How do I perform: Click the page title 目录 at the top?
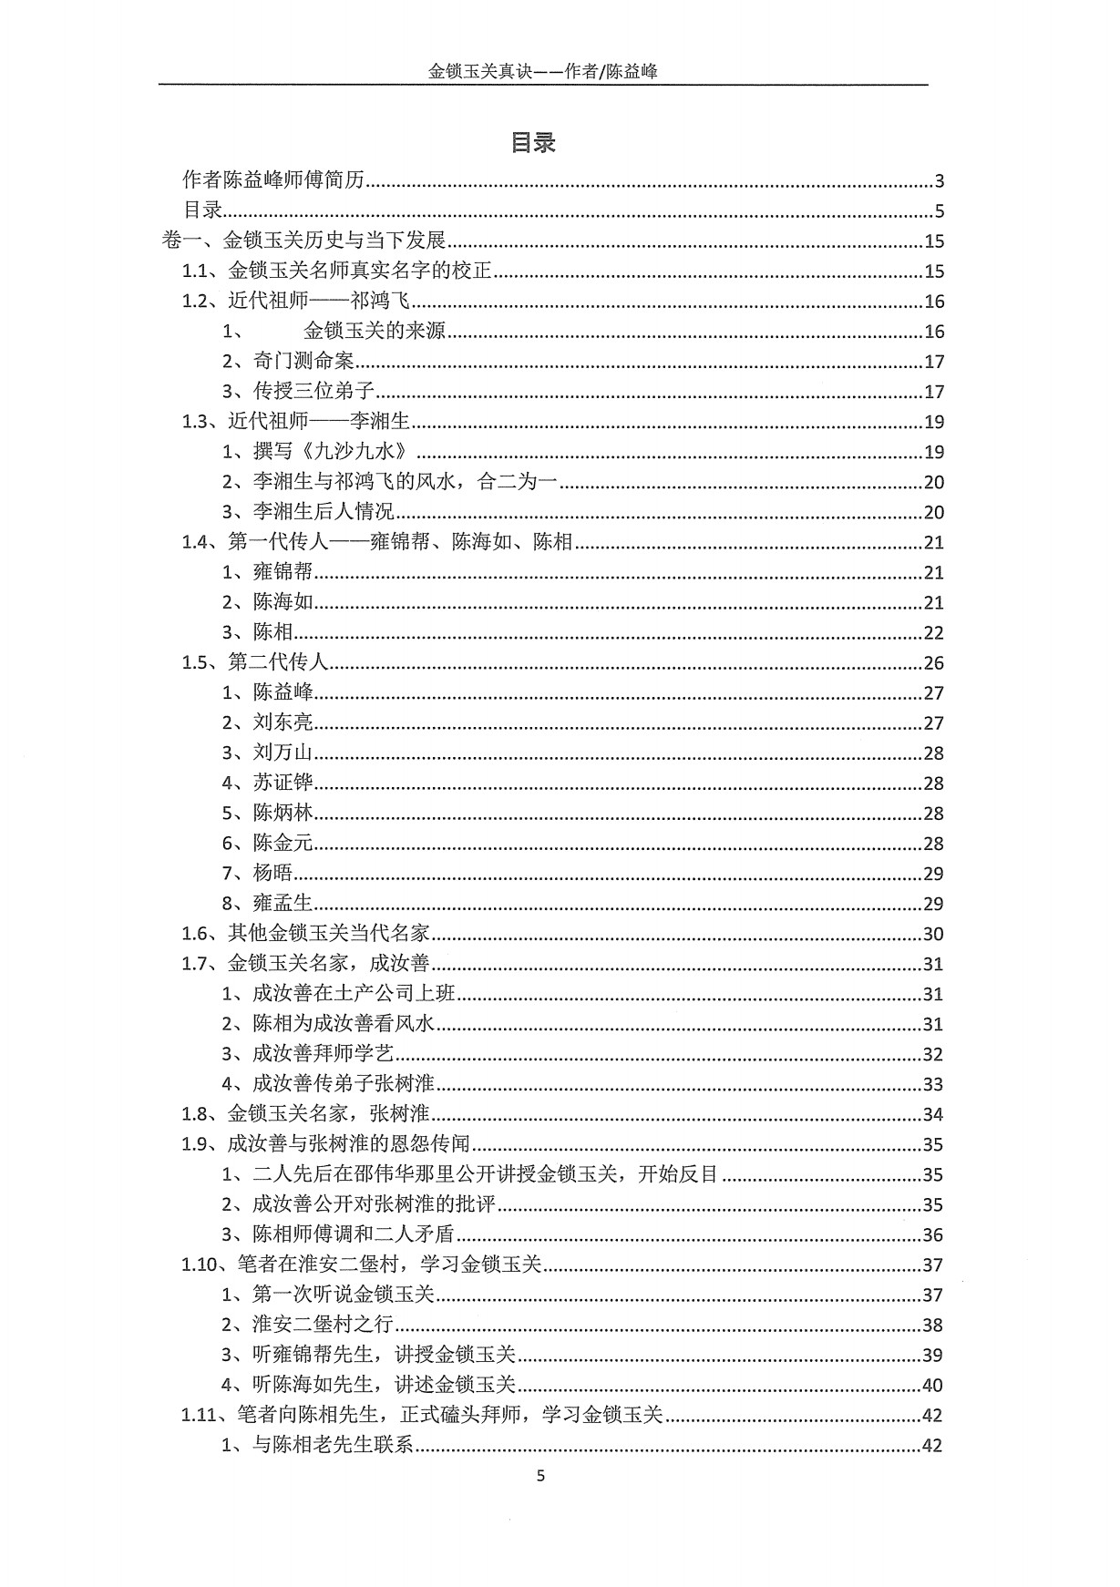coord(533,142)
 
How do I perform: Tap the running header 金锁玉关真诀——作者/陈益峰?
coord(542,72)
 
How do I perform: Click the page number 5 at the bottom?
coord(541,1476)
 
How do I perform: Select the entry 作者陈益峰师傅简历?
coord(273,180)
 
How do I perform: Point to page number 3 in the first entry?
coord(939,181)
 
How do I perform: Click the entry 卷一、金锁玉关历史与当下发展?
coord(303,241)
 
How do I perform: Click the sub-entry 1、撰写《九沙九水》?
coord(319,451)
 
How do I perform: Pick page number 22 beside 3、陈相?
coord(933,632)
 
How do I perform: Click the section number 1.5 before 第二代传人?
coord(196,662)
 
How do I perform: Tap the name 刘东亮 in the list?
coord(283,722)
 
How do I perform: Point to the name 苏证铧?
coord(283,783)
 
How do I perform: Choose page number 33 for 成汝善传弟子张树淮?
coord(933,1084)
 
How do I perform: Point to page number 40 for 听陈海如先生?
coord(932,1385)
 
